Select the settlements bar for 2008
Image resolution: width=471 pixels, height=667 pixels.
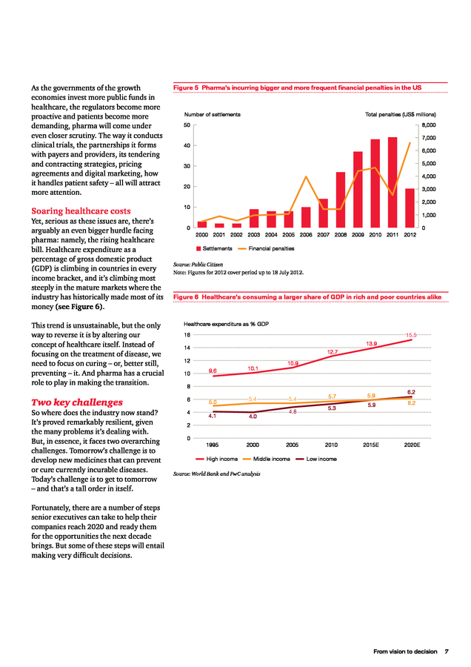click(341, 200)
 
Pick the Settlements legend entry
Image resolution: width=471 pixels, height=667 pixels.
click(215, 248)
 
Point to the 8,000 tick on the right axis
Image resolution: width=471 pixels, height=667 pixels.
click(429, 125)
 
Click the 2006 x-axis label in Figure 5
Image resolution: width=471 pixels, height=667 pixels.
click(306, 235)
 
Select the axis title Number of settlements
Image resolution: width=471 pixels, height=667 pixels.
click(212, 115)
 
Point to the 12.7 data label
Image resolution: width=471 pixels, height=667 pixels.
click(333, 351)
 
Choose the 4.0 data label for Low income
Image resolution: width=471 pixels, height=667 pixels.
click(253, 417)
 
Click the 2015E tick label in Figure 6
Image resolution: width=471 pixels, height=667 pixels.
click(372, 445)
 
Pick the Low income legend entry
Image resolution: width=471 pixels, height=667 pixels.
click(318, 459)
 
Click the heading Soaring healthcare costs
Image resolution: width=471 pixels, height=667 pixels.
click(80, 211)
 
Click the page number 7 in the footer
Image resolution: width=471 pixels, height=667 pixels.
click(446, 651)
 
